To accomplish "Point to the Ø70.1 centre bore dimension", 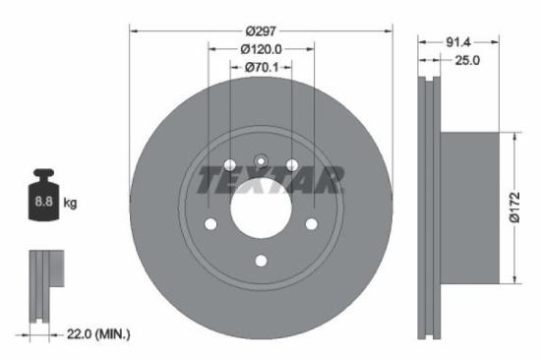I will pos(262,68).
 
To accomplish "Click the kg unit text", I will pos(71,203).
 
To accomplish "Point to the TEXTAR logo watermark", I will pos(270,180).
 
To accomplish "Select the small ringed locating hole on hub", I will pos(261,162).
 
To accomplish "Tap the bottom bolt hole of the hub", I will pos(261,261).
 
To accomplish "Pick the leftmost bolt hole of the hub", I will pos(210,225).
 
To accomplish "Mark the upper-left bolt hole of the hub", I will pos(229,165).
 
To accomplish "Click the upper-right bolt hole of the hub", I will pos(292,165).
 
